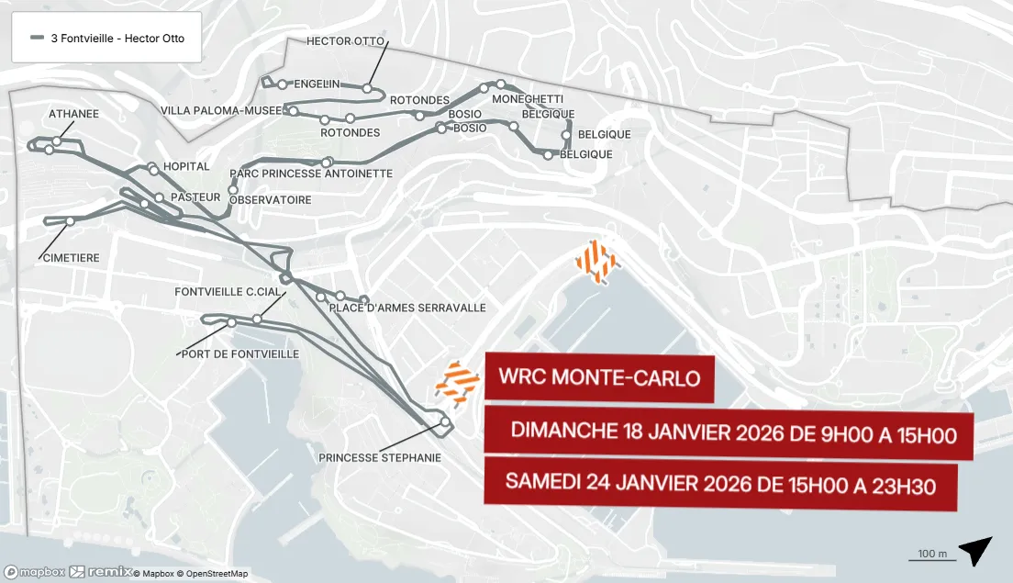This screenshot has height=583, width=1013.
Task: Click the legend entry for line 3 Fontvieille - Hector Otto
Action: pos(106,38)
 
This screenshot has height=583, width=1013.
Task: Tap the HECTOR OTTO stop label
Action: pos(345,41)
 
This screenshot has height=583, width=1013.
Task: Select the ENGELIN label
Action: pos(317,84)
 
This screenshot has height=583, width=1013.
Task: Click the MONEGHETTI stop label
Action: pos(528,98)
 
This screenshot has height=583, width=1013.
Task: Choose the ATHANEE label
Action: pos(73,114)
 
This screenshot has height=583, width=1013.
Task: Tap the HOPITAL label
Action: pos(186,166)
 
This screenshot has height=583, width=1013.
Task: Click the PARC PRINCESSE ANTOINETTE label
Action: pos(311,174)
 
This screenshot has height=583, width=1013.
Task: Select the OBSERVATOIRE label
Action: pos(271,199)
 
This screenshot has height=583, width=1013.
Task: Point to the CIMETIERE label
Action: pos(71,258)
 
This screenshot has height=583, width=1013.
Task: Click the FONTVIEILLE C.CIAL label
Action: pos(228,291)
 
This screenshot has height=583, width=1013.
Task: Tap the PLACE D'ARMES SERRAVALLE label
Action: pos(407,308)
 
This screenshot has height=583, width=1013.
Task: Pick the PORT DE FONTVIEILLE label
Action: pos(240,353)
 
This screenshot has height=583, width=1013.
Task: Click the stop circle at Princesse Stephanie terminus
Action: pos(446,422)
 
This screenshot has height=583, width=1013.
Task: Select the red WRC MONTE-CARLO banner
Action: pos(599,377)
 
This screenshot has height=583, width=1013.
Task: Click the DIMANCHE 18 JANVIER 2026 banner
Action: pos(732,433)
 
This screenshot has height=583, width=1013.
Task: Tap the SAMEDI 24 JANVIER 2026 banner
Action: pos(720,483)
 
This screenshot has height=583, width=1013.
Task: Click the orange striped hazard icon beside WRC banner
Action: pos(457,383)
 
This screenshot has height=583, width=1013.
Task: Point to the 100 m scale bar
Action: pos(931,555)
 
